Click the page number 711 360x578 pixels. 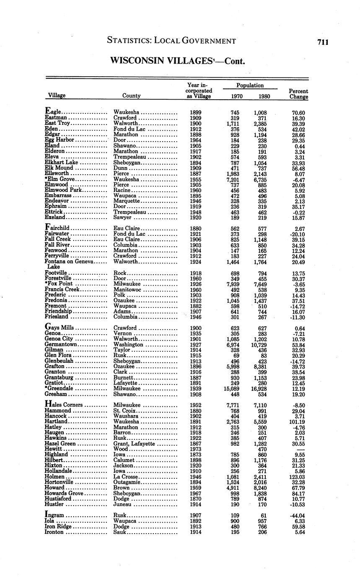pyautogui.click(x=323, y=42)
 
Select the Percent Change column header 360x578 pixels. pyautogui.click(x=298, y=94)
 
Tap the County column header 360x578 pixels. pyautogui.click(x=131, y=95)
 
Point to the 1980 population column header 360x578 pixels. pyautogui.click(x=264, y=96)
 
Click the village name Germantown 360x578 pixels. pyautogui.click(x=61, y=344)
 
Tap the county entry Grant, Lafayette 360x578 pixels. pyautogui.click(x=134, y=444)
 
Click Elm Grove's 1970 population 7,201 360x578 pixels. pyautogui.click(x=233, y=179)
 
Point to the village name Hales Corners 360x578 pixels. pyautogui.click(x=64, y=405)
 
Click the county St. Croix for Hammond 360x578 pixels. pyautogui.click(x=125, y=411)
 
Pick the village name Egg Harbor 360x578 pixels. pyautogui.click(x=59, y=140)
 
